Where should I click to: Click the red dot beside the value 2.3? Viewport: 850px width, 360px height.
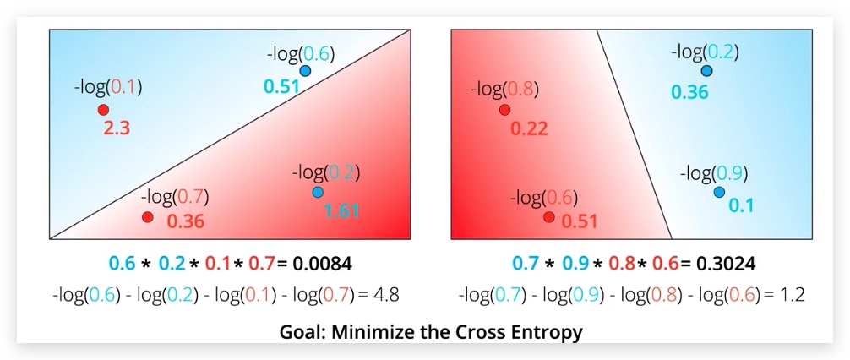(x=103, y=110)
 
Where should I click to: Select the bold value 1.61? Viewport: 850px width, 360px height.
(x=343, y=210)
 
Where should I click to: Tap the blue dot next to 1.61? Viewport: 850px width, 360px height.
(x=318, y=193)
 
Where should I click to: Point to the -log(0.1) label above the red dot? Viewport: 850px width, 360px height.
(x=108, y=85)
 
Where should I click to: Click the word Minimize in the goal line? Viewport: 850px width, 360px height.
(x=375, y=331)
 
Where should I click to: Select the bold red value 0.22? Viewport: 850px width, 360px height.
(x=530, y=128)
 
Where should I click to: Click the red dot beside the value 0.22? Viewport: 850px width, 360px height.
(x=504, y=110)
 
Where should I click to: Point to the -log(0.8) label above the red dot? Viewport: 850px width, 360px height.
(x=504, y=89)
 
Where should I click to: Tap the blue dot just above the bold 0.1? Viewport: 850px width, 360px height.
(x=718, y=193)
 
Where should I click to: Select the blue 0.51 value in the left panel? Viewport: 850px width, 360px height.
(x=281, y=86)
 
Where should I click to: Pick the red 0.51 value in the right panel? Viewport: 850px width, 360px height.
(x=580, y=221)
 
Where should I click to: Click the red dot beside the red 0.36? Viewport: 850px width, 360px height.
(x=147, y=217)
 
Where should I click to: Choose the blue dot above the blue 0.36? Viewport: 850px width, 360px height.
(x=706, y=71)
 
